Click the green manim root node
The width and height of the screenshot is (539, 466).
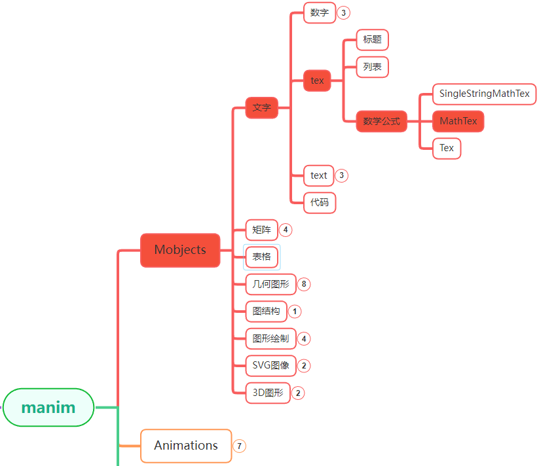48,407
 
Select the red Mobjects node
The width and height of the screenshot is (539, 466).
180,250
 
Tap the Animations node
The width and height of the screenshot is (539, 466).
186,446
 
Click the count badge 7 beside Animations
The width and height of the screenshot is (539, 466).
240,446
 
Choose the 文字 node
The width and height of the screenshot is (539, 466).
261,107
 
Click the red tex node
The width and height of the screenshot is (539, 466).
317,81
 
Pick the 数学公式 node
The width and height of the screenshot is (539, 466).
381,121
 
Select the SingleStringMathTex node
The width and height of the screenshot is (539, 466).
484,94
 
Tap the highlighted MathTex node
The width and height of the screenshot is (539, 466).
458,121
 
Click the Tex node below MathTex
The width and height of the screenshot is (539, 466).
447,148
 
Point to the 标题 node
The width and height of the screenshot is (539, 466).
372,39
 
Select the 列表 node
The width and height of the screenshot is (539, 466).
372,66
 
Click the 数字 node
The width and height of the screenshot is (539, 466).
320,12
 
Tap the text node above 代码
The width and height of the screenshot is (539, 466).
319,175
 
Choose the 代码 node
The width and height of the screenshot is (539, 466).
320,203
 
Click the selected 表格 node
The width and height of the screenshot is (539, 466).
261,257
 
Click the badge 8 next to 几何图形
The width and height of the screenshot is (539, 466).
304,284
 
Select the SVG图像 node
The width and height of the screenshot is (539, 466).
270,365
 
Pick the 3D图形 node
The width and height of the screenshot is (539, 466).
268,393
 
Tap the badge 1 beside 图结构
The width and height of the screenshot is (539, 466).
295,312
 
